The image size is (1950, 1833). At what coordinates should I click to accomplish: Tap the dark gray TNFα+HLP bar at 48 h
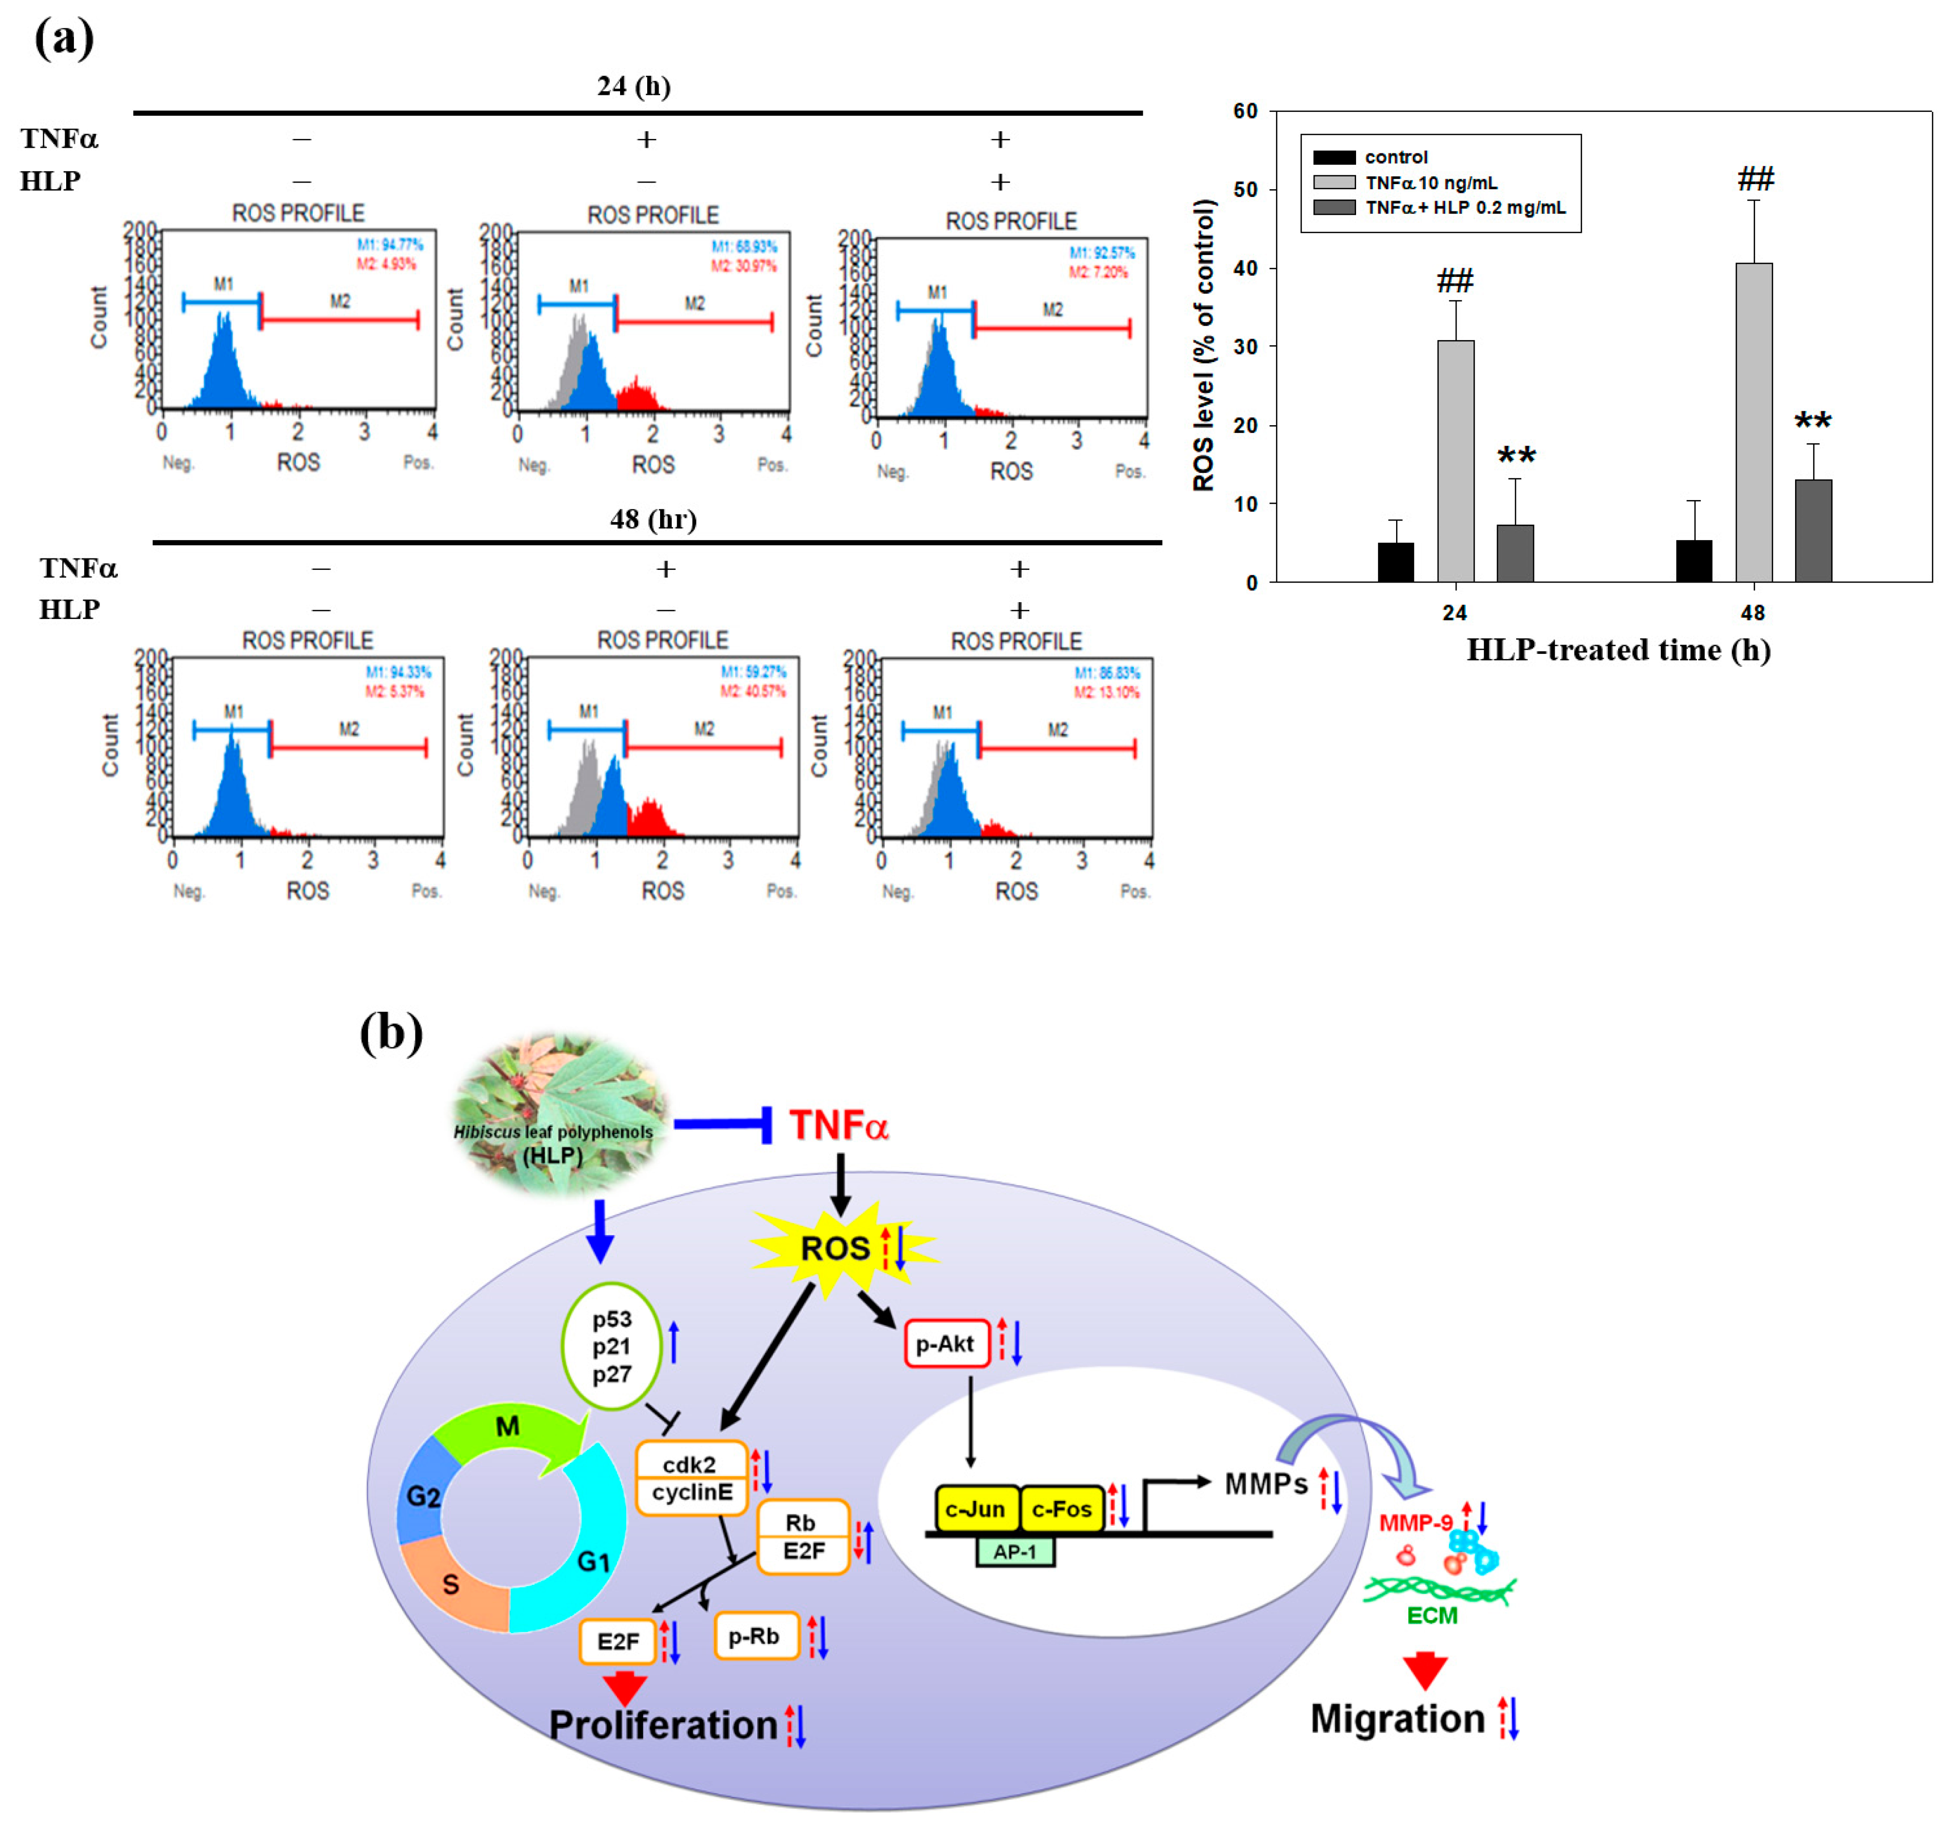coord(1813,531)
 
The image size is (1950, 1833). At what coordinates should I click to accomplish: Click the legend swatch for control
coord(1334,157)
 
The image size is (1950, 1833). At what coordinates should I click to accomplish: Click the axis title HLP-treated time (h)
coord(1619,650)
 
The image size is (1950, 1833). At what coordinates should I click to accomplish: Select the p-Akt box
coord(946,1344)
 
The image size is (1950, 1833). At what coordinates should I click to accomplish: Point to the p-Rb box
coord(755,1636)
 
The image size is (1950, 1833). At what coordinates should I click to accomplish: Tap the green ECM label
coord(1432,1615)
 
